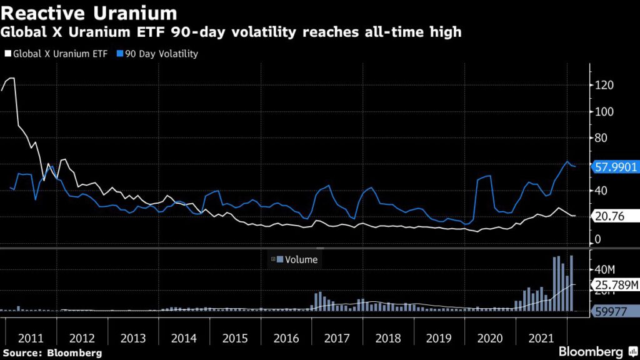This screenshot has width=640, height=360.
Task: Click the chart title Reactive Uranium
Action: pos(89,12)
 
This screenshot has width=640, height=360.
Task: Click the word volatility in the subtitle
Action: pos(281,32)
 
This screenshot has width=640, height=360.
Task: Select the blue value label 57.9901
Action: pos(614,167)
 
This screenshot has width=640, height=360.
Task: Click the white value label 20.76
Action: pos(607,216)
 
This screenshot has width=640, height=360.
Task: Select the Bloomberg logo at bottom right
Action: pos(590,352)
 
